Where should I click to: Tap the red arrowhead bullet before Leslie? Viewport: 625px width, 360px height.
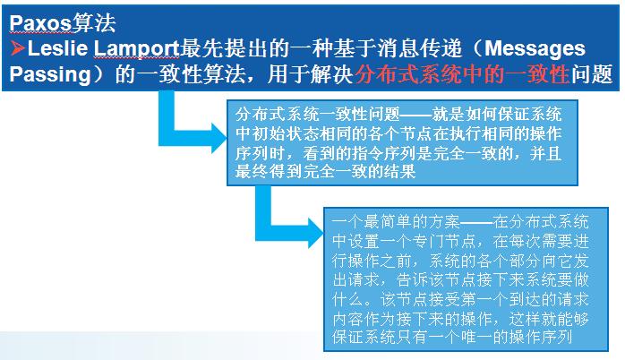coord(18,47)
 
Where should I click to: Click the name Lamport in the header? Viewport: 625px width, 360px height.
coord(136,49)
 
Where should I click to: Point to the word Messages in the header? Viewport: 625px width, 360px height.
coord(535,48)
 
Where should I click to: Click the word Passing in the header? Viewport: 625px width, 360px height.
coord(50,74)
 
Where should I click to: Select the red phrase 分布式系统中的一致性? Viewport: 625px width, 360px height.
coord(461,73)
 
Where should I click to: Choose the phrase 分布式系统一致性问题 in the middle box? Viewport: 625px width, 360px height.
coord(317,115)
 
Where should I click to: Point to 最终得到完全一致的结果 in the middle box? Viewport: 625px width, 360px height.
coord(325,171)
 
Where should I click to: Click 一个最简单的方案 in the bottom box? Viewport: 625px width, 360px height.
coord(396,222)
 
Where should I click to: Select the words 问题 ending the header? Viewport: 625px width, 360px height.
coord(592,73)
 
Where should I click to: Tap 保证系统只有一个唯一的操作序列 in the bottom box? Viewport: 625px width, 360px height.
coord(452,338)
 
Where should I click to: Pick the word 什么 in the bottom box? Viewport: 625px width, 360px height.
coord(348,299)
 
